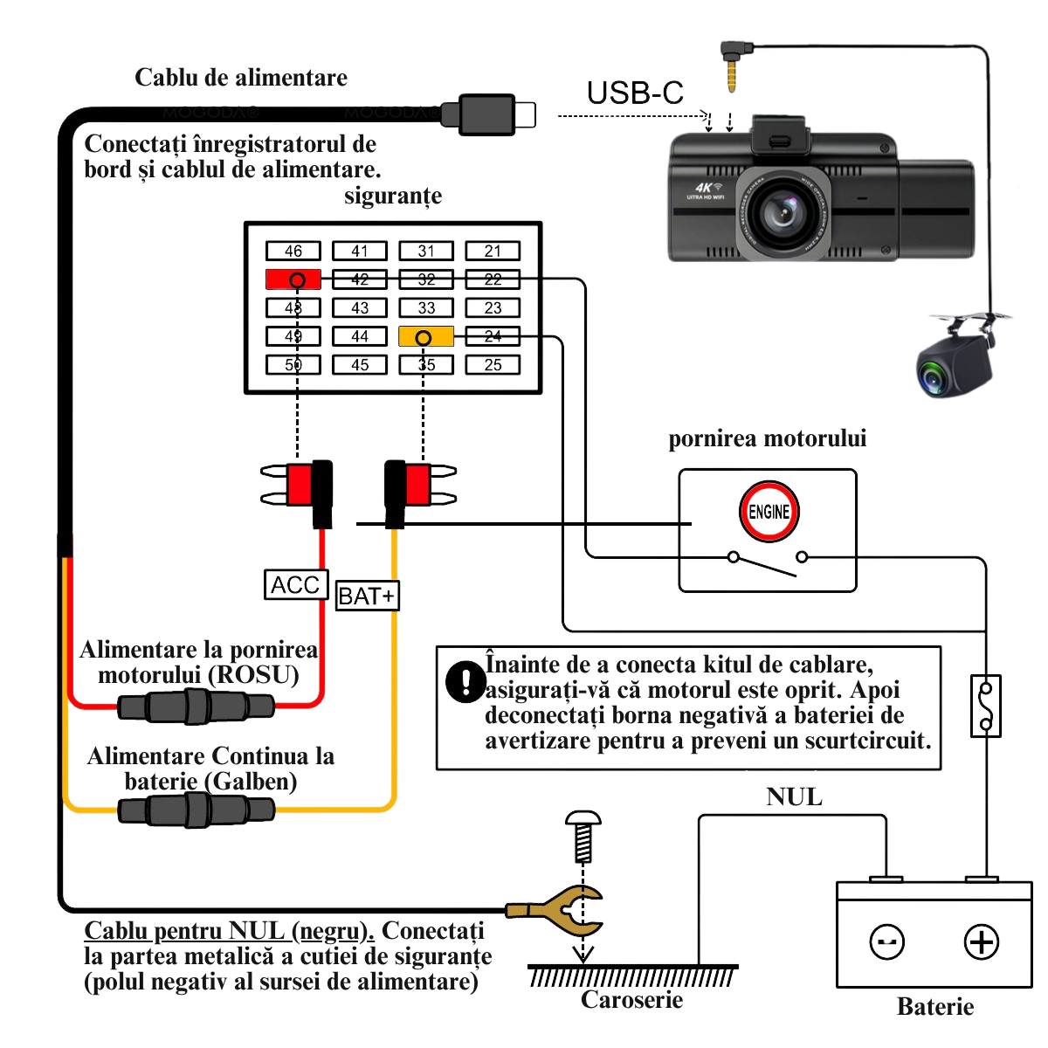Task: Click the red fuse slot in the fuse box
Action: (293, 279)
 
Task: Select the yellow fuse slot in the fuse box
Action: (426, 336)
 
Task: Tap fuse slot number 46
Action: (293, 252)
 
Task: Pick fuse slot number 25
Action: (493, 365)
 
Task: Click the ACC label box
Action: (296, 584)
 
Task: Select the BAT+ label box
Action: (367, 596)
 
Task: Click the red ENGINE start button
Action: (769, 512)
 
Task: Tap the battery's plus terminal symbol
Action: (982, 941)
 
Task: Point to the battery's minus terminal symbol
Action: (887, 941)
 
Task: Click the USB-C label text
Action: (635, 93)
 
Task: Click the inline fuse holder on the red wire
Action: (196, 706)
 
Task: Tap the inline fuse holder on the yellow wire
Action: (196, 810)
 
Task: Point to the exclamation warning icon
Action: (465, 681)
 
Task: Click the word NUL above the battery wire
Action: (794, 796)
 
